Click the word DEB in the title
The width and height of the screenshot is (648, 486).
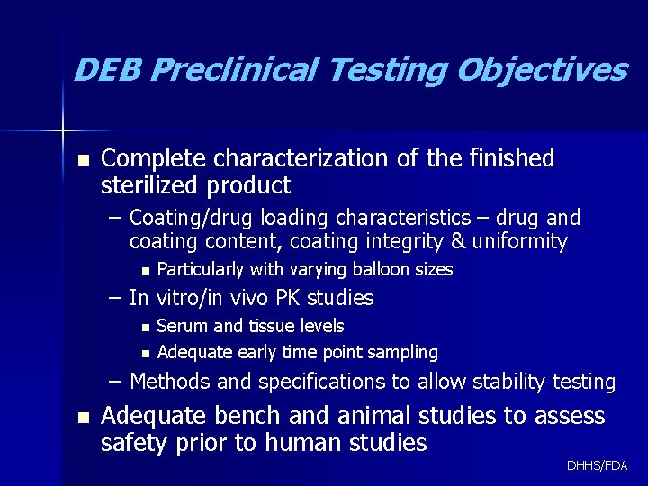pos(108,69)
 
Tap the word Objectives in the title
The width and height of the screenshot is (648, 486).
pos(541,69)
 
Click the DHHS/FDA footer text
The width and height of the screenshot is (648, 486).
pos(598,465)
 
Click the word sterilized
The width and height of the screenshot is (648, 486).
pos(150,185)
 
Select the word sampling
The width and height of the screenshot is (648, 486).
pos(402,352)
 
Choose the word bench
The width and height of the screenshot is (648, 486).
pos(238,416)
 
